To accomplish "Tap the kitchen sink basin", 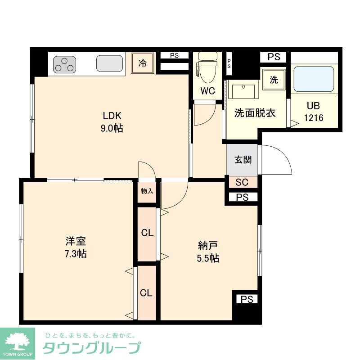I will pos(110,64).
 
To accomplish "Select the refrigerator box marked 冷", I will pos(143,63).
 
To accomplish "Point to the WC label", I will pos(207,91).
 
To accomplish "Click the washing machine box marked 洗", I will pos(274,80).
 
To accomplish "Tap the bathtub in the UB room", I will pos(314,79).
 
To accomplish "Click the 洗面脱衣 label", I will pos(255,113).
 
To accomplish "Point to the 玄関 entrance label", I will pos(243,160).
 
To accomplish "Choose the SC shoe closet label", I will pos(242,182).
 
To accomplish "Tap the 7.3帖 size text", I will pos(75,254).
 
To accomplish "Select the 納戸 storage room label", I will pos(208,246).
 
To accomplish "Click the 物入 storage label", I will pos(147,191).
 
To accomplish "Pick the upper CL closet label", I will pos(147,233).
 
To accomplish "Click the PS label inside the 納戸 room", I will pos(246,299).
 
